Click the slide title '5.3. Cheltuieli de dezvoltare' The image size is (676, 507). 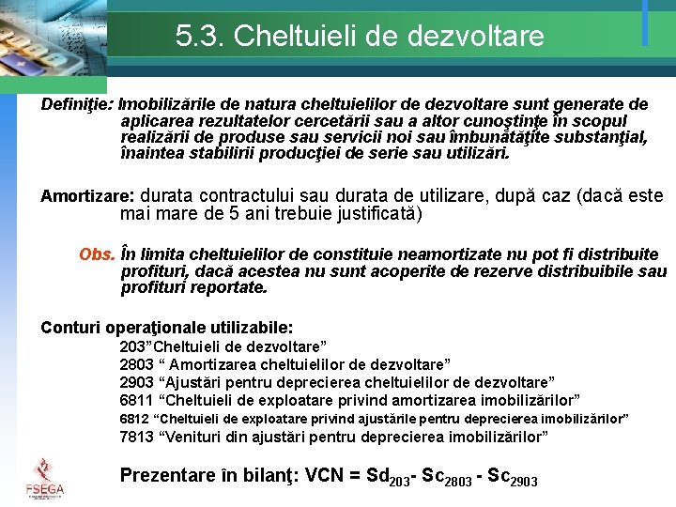pyautogui.click(x=360, y=36)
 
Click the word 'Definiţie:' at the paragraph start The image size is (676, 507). pyautogui.click(x=77, y=103)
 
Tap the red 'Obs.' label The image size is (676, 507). pyautogui.click(x=97, y=254)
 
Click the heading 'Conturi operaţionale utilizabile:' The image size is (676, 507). pyautogui.click(x=167, y=328)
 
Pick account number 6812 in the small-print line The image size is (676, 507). pyautogui.click(x=134, y=418)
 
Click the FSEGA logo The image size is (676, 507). pyautogui.click(x=44, y=476)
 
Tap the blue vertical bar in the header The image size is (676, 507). pyautogui.click(x=645, y=23)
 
